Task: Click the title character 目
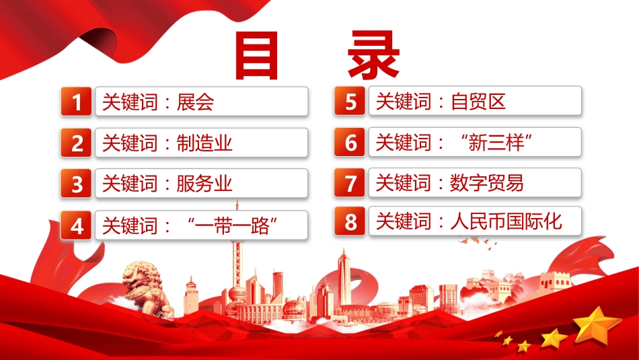(257, 56)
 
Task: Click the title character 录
(373, 55)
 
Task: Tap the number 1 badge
(76, 102)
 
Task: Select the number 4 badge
(76, 225)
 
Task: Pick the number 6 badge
(350, 142)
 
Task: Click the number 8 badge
(350, 221)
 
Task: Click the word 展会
(195, 102)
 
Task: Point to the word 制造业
(204, 143)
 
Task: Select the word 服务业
(204, 184)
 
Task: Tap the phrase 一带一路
(232, 225)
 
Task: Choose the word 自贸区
(478, 101)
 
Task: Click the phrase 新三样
(496, 143)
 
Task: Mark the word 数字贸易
(487, 182)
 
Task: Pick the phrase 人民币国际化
(506, 221)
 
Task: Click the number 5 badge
(350, 101)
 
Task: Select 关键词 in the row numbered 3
(130, 184)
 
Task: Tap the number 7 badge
(350, 182)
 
